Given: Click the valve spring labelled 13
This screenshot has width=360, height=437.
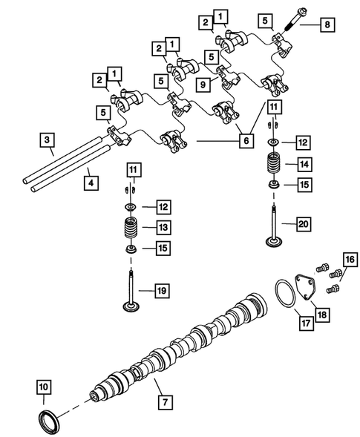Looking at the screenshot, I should coord(131,228).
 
